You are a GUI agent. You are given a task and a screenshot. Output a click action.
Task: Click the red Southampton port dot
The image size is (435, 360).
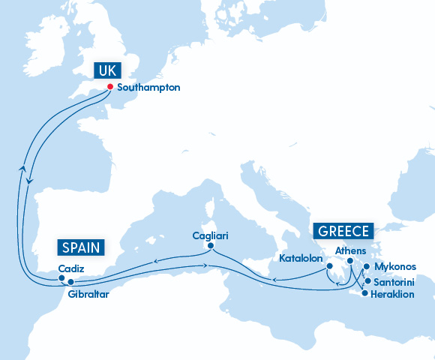click(x=109, y=86)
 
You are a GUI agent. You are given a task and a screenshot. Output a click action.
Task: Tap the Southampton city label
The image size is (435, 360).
click(x=149, y=87)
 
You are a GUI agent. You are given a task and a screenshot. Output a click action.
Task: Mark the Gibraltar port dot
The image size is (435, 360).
click(x=71, y=282)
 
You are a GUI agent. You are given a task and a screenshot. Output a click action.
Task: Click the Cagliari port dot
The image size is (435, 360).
click(x=211, y=245)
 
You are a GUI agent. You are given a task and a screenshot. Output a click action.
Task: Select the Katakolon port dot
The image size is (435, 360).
click(x=328, y=265)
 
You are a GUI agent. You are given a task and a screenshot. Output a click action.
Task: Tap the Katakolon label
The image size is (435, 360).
click(x=301, y=258)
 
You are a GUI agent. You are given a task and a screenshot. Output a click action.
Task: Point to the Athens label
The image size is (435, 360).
click(x=350, y=250)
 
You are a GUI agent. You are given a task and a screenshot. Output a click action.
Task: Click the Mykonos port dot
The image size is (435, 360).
click(x=365, y=266)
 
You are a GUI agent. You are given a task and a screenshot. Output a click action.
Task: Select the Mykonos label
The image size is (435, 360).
click(x=394, y=266)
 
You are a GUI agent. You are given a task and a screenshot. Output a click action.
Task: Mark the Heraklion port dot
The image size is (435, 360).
click(x=364, y=294)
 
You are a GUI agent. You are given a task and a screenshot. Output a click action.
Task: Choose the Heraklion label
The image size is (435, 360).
click(x=394, y=294)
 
